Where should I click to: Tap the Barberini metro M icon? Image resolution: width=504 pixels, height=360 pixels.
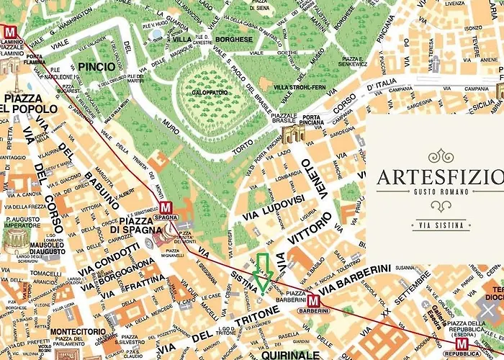(313, 301)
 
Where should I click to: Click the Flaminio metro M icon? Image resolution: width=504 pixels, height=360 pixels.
(10, 32)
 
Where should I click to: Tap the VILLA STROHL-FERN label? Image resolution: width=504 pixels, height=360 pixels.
(300, 87)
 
